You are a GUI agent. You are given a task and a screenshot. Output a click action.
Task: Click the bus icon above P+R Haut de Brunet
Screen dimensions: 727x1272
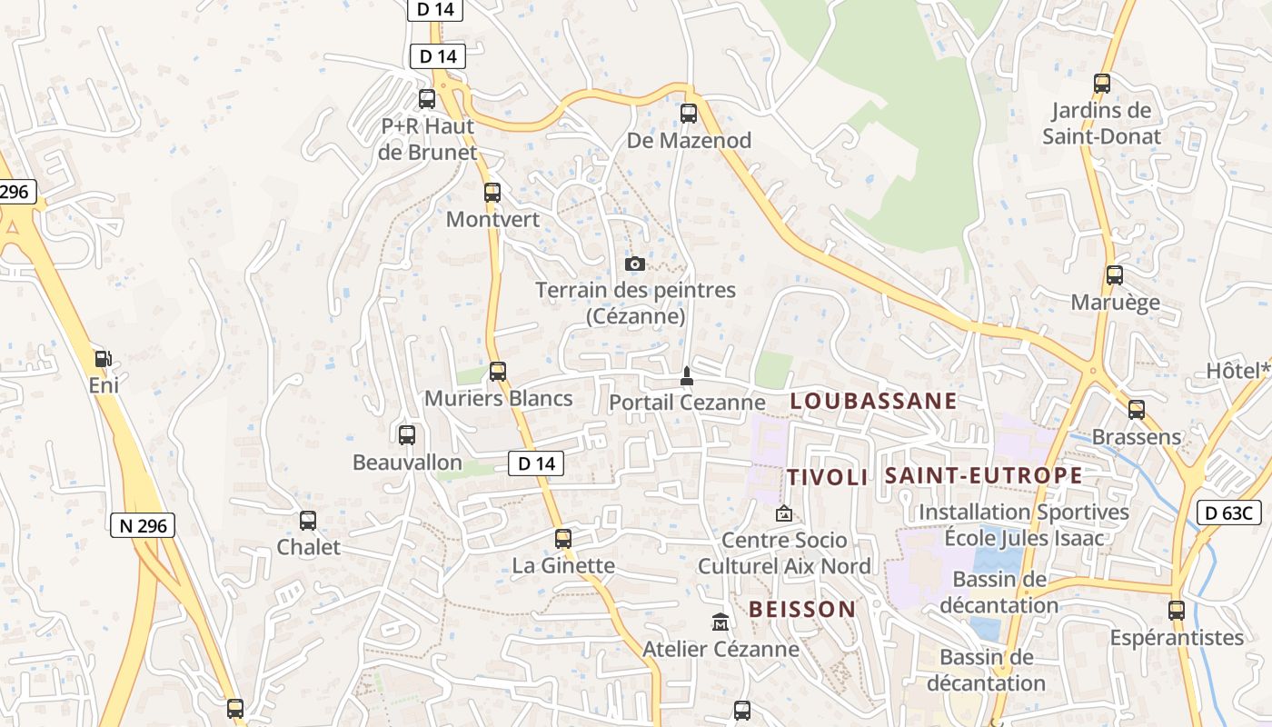(x=427, y=99)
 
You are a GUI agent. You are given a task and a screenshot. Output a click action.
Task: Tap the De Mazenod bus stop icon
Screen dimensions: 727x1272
(x=689, y=114)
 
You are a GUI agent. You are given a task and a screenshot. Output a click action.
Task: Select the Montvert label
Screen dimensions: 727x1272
(x=492, y=220)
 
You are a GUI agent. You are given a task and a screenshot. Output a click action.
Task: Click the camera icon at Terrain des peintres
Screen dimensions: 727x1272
(x=635, y=264)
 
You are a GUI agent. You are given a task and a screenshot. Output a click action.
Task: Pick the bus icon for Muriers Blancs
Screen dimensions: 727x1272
(x=497, y=372)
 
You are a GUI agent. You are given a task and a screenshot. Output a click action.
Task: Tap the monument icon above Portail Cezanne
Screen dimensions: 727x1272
(x=687, y=376)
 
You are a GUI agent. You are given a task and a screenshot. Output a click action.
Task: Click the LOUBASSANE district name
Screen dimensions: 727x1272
(x=873, y=401)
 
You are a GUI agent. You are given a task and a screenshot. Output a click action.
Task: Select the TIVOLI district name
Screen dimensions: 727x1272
(x=827, y=478)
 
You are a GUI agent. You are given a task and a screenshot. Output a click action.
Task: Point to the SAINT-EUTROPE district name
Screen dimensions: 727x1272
(x=983, y=475)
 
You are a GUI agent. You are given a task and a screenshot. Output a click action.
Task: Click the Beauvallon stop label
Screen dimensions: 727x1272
(x=407, y=463)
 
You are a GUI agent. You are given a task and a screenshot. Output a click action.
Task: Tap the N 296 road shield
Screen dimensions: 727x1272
(x=143, y=525)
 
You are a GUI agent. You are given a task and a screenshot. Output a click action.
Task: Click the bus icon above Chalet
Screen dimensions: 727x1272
(x=308, y=521)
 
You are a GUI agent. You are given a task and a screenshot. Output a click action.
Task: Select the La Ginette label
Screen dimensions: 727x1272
(x=563, y=566)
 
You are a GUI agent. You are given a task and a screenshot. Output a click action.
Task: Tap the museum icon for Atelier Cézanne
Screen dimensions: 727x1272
(x=720, y=622)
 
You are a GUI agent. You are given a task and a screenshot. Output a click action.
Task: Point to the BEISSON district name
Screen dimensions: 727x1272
(x=802, y=610)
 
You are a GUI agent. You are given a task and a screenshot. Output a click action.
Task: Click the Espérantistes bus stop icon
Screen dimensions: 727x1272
(x=1177, y=611)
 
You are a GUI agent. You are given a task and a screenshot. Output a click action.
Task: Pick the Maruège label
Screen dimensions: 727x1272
(x=1115, y=303)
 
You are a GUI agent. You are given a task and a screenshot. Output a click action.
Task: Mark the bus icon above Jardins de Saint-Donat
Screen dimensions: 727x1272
(x=1102, y=84)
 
